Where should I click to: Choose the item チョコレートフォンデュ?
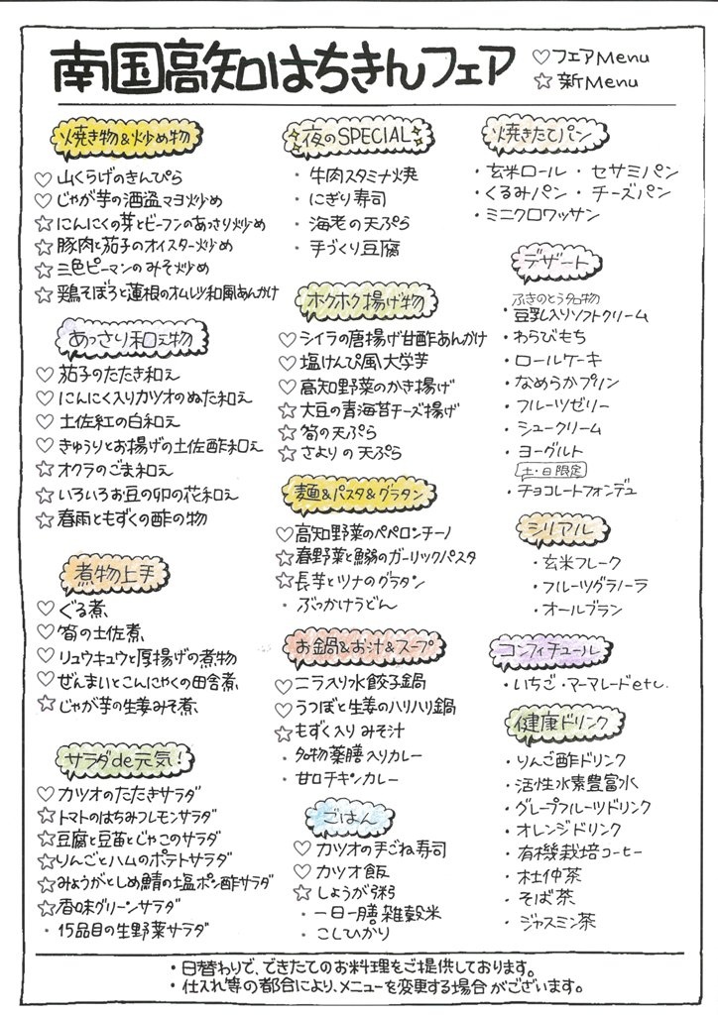coord(576,490)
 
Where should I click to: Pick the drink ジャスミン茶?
coord(557,921)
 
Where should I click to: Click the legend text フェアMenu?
coord(599,56)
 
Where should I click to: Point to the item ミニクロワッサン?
coord(544,214)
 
